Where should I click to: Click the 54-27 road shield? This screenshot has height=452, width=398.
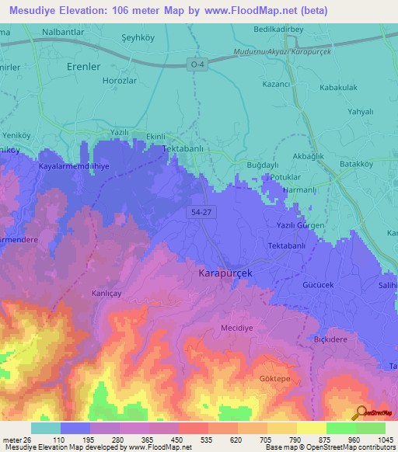click(x=199, y=210)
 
